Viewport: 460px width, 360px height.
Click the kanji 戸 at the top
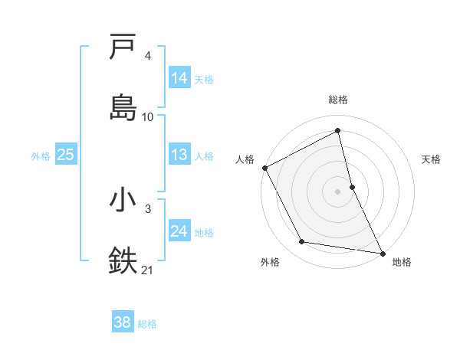click(123, 47)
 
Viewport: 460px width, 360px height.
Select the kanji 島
click(123, 107)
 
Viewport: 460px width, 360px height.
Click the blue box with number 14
click(179, 78)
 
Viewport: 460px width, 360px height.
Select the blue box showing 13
click(179, 155)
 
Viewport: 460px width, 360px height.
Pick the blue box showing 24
click(179, 231)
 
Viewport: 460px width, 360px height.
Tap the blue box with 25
click(66, 155)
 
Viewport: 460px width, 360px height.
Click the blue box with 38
click(123, 323)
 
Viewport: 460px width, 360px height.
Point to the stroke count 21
click(148, 270)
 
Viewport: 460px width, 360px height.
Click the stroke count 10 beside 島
click(148, 117)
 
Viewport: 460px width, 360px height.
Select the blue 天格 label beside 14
click(204, 79)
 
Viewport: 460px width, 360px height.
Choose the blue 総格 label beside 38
click(147, 324)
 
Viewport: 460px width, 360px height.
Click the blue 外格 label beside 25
click(41, 155)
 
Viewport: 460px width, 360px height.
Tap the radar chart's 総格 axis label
click(338, 100)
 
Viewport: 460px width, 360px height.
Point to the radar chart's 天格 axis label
click(432, 159)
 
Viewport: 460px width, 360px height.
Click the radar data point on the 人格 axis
click(264, 168)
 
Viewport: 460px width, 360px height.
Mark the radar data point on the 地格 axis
click(383, 253)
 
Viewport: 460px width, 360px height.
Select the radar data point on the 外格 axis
click(302, 242)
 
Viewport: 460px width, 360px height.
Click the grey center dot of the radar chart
click(338, 191)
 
